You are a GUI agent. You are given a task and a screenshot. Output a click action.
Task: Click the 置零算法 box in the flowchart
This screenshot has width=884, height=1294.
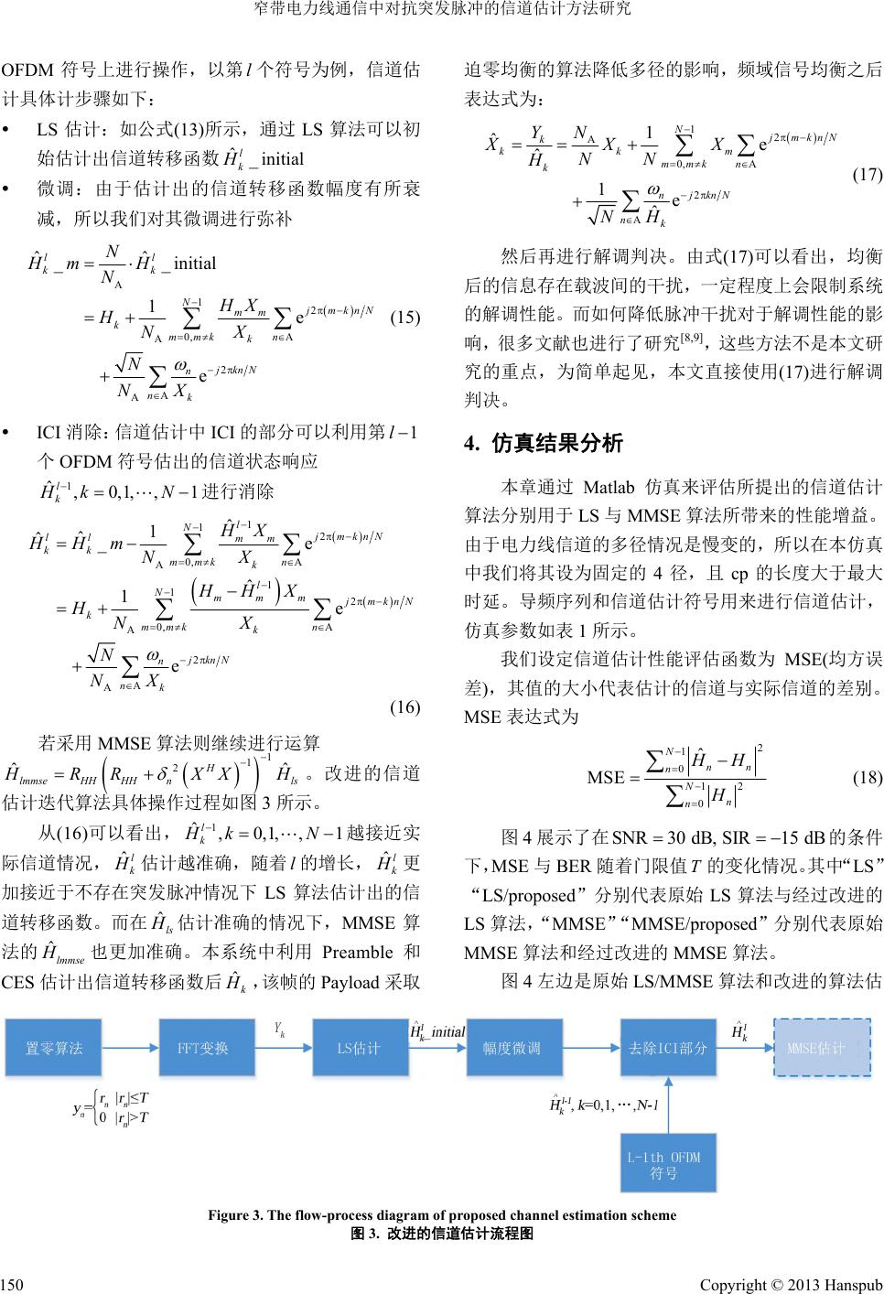(56, 1048)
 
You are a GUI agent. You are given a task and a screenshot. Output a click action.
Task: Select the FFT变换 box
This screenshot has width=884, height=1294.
(207, 1048)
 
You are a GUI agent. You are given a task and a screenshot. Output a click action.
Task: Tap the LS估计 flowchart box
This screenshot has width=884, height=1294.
(360, 1048)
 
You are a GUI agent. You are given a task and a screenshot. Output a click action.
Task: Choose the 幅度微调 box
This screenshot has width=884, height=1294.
(512, 1048)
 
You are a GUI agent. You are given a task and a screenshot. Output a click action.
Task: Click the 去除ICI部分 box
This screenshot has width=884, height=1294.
(668, 1048)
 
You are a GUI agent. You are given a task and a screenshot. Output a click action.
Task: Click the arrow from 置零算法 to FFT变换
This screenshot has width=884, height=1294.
(132, 1048)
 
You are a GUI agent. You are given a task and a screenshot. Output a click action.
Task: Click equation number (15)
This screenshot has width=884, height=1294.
(404, 318)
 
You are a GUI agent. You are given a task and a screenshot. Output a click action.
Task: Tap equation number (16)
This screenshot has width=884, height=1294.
(404, 706)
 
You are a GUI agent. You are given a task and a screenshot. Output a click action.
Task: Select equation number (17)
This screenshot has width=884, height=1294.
(866, 175)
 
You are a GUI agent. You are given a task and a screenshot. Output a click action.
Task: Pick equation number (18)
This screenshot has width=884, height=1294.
(866, 778)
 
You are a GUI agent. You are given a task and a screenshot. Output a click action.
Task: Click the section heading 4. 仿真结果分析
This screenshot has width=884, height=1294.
(544, 444)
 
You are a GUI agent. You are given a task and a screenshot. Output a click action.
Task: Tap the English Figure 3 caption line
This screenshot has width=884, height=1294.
(442, 1215)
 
